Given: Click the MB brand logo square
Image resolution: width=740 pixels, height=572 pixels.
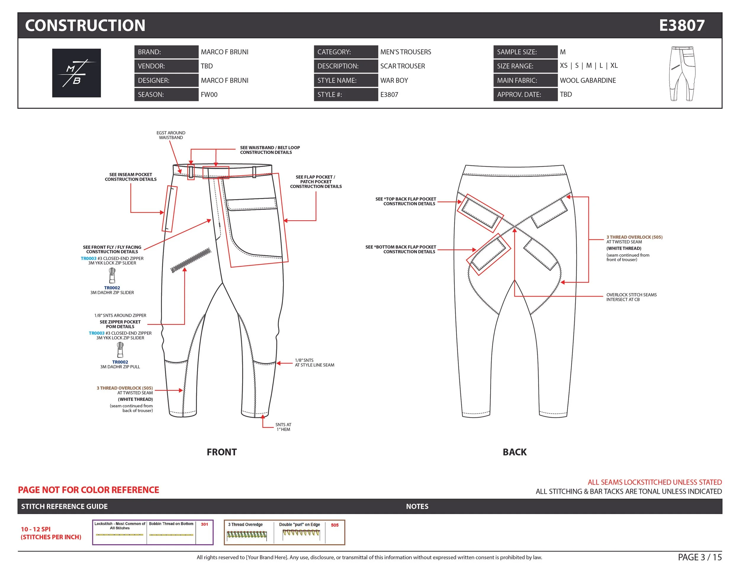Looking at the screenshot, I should (x=76, y=73).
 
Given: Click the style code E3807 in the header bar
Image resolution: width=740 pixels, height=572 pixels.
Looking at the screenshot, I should (x=681, y=25).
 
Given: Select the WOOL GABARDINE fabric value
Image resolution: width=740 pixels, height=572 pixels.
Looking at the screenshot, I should (x=588, y=80).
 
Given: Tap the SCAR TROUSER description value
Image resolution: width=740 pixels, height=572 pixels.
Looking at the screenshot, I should (x=402, y=66).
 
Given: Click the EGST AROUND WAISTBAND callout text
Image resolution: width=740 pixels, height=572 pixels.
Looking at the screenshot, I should (x=171, y=135).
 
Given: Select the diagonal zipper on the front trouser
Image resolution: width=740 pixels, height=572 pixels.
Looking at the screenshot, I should (x=191, y=260).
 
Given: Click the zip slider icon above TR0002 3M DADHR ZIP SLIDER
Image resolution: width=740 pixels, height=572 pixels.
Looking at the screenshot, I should (x=112, y=275).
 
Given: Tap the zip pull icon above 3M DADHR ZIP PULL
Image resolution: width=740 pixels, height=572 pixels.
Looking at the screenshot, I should (x=120, y=350).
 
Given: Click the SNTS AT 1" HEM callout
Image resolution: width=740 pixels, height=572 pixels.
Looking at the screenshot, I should (x=283, y=427).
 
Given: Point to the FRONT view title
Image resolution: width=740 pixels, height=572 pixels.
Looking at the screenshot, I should (x=222, y=452).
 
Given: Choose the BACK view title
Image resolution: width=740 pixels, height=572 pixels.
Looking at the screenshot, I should (x=514, y=452).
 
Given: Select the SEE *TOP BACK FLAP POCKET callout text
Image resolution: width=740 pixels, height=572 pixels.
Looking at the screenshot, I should (x=406, y=201).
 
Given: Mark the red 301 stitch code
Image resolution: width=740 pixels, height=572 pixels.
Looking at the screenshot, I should (x=204, y=524).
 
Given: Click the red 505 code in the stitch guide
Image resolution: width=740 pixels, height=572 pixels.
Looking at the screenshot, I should (x=334, y=525).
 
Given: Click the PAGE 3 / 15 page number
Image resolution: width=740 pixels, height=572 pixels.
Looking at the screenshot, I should (x=700, y=557).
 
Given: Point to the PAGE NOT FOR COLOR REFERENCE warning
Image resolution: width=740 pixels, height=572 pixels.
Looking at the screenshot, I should (x=89, y=490).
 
